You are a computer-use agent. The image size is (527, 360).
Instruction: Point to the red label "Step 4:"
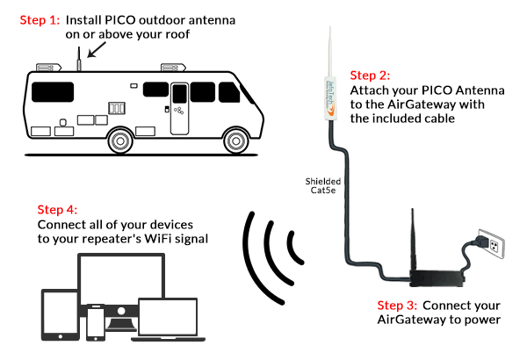(57, 210)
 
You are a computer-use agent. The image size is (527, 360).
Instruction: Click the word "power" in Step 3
(480, 320)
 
